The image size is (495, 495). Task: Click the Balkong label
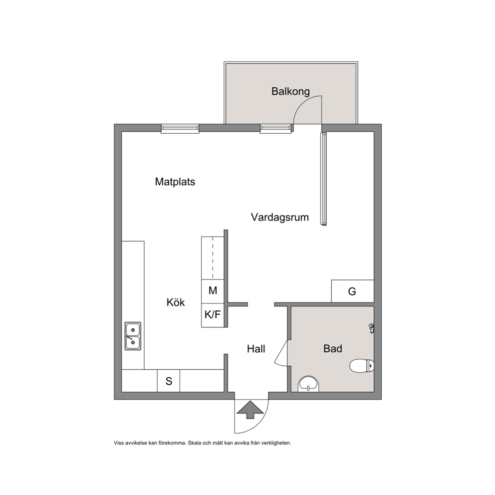pos(290,91)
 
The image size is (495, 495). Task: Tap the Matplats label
pos(175,182)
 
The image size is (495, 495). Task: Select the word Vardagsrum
pos(280,218)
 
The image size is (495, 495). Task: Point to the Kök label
pos(176,302)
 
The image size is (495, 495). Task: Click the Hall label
pos(256,349)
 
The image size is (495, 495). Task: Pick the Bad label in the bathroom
pos(333,349)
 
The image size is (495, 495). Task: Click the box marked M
pos(213,291)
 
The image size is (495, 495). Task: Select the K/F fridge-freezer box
pos(213,315)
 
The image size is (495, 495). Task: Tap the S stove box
pos(169,381)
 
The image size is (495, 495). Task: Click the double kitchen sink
pos(133,336)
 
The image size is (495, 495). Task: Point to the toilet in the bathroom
pos(362,366)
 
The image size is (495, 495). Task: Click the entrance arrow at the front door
pos(250,410)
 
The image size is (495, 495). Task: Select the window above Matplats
pos(180,128)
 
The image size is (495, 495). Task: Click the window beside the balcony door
pos(275,128)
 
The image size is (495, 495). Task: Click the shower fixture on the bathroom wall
pos(372,328)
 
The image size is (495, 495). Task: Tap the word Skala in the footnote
pos(194,443)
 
